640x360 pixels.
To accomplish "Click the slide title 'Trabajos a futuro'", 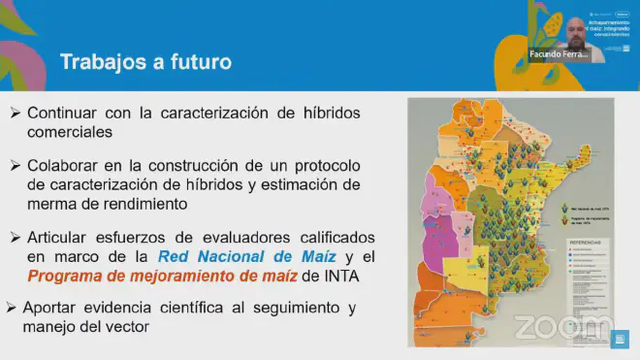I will [145, 63].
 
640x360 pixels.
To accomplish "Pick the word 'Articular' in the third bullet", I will [60, 238].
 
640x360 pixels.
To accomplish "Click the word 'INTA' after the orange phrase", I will [338, 276].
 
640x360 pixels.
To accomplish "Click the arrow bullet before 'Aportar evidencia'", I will [12, 308].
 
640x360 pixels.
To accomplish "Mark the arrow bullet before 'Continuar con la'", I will [16, 113].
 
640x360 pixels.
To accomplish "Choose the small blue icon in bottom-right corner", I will [620, 339].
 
